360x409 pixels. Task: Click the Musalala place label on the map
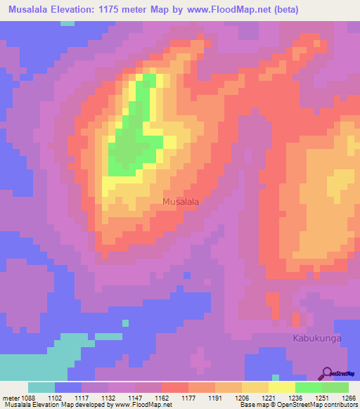point(181,201)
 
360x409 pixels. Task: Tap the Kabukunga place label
point(316,338)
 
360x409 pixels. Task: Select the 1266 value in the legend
point(349,398)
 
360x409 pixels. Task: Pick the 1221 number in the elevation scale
point(268,398)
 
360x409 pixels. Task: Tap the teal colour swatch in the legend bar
point(41,387)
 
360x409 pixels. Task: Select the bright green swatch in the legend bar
point(309,387)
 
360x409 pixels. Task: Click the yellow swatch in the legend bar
point(282,387)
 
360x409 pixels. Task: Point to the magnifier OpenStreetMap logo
point(328,373)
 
